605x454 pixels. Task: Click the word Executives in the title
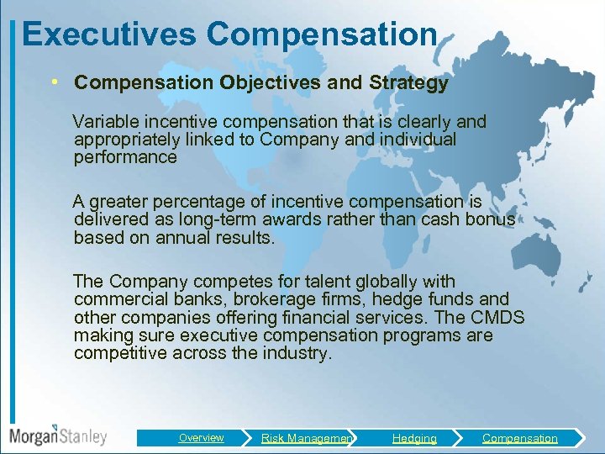109,34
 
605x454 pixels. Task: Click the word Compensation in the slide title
322,34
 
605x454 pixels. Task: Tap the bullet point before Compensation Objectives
54,83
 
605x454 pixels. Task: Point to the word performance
125,157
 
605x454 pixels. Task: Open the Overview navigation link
201,438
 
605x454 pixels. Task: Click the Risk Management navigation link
307,438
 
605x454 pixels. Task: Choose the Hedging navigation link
414,438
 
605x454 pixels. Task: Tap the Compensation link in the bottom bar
519,438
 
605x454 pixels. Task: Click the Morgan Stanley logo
58,436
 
